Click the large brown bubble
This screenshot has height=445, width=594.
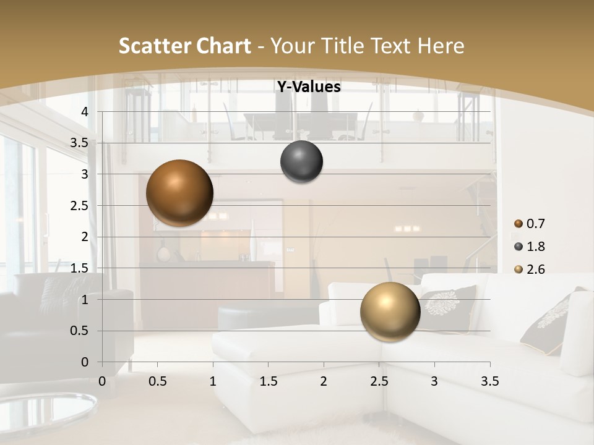[179, 193]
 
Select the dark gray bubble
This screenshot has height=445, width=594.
[301, 162]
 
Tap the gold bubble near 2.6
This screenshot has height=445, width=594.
[390, 311]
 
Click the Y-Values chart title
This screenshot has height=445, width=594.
[308, 87]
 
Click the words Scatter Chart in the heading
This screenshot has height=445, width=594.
[184, 46]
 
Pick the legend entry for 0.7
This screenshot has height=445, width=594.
[529, 224]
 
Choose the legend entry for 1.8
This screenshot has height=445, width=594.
[529, 247]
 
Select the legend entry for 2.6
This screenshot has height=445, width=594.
[529, 269]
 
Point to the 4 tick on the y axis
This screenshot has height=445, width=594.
[85, 112]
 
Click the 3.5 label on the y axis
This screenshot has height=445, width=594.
[79, 143]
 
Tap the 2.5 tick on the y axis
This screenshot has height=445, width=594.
[79, 206]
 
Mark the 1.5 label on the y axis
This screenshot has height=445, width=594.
[79, 268]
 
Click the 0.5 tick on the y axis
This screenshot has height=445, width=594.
[79, 331]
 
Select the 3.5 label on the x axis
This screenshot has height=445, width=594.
[489, 381]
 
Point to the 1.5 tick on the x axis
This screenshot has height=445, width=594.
[268, 381]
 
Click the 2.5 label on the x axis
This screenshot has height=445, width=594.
[379, 381]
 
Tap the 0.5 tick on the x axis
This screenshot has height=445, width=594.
[157, 381]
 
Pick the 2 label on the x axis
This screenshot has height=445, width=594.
[324, 381]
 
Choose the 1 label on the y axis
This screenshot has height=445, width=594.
[85, 300]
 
